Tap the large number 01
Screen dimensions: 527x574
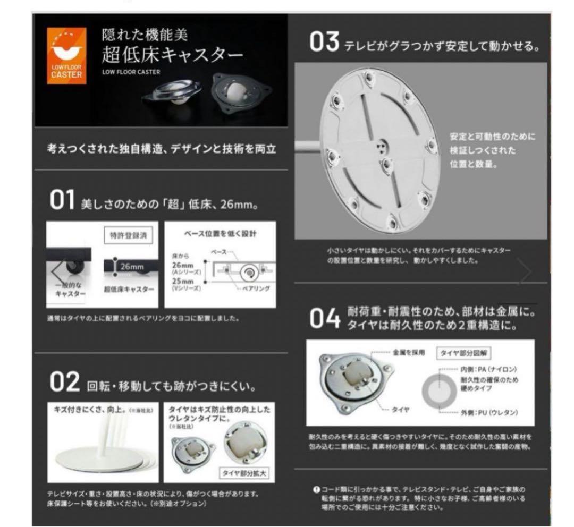[62, 202]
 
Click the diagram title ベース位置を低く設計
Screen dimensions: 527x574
[220, 233]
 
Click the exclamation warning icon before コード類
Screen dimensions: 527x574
[316, 489]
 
